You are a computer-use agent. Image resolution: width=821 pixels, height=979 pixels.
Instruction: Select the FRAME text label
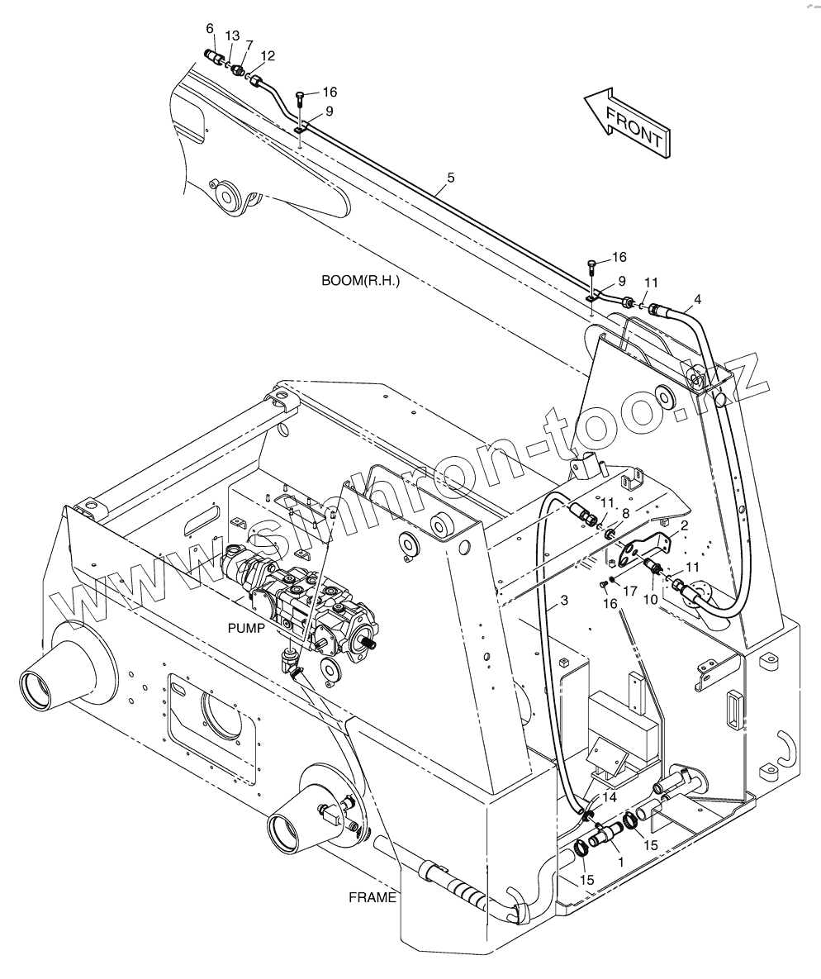point(372,897)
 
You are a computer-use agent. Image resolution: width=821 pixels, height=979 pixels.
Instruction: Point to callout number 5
point(450,177)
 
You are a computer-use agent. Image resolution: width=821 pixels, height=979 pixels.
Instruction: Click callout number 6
point(210,29)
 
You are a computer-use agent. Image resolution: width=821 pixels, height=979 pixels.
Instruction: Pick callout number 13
point(232,36)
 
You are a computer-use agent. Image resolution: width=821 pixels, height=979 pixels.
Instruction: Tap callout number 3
point(564,601)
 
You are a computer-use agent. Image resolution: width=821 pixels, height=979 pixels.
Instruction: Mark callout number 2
point(685,526)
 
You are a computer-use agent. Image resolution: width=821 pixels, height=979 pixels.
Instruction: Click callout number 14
point(610,797)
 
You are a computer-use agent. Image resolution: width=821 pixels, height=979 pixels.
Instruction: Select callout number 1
point(620,860)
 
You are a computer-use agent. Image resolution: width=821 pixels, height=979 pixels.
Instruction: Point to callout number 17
point(629,591)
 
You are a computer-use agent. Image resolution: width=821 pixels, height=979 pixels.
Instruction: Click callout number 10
point(651,598)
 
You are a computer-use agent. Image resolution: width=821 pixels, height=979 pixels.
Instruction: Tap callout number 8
point(625,513)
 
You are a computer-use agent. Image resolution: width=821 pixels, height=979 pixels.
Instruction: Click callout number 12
point(267,56)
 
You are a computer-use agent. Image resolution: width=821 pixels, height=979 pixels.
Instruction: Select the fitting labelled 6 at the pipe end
point(215,59)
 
